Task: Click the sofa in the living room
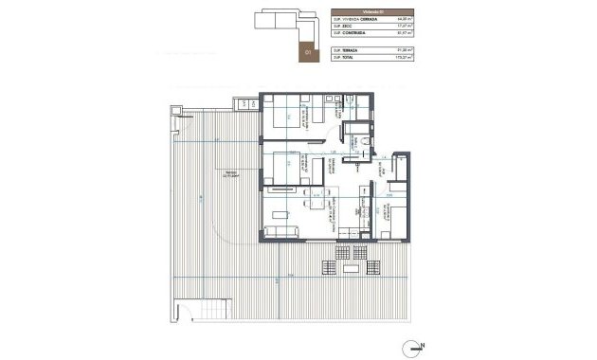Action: (x=281, y=232)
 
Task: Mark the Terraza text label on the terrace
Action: (x=225, y=173)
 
